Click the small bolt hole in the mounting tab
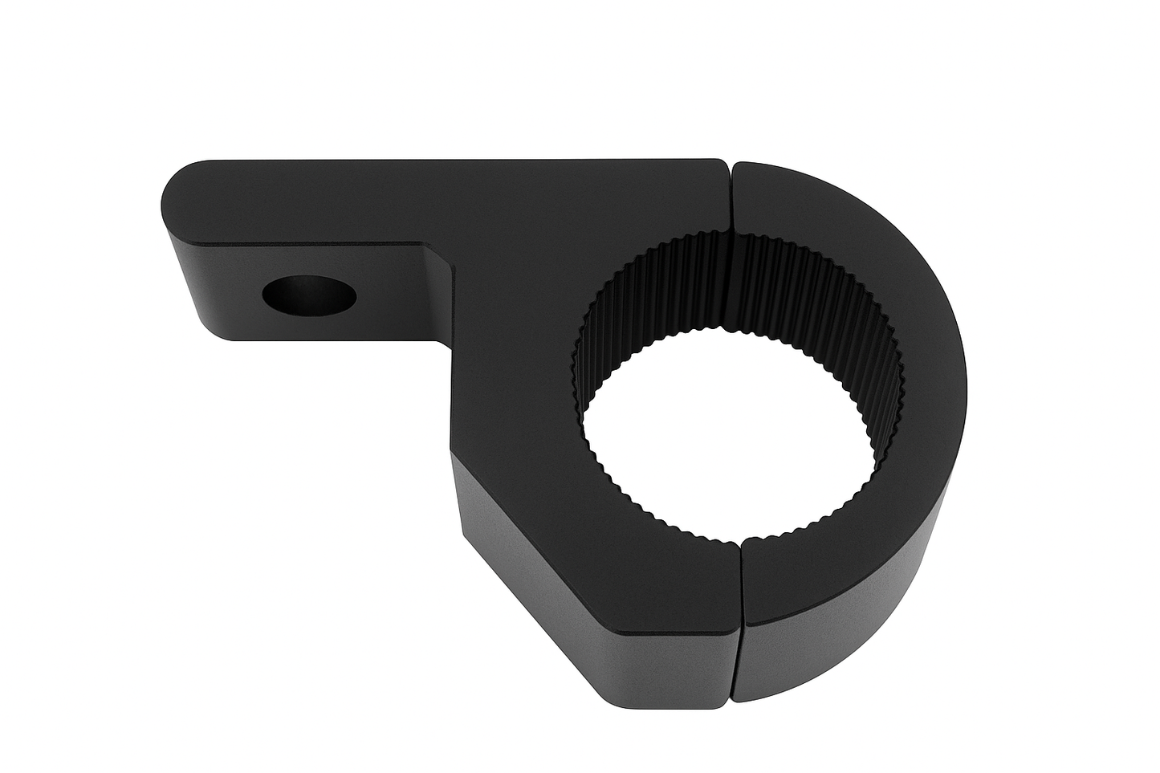click(309, 296)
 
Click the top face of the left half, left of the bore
click(514, 361)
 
